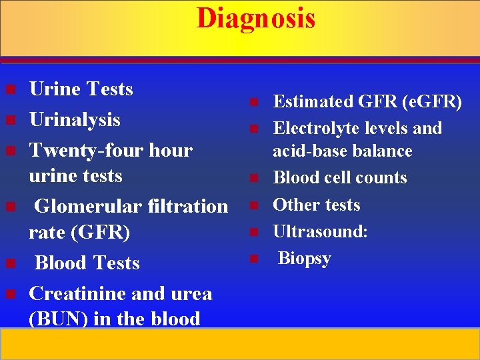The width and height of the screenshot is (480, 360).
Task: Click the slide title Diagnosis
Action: [x=255, y=18]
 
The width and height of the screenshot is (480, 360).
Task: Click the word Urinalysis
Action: [x=75, y=120]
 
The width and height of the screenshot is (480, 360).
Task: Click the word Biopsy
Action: [x=304, y=258]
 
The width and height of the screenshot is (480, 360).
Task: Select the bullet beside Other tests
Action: [x=253, y=205]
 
